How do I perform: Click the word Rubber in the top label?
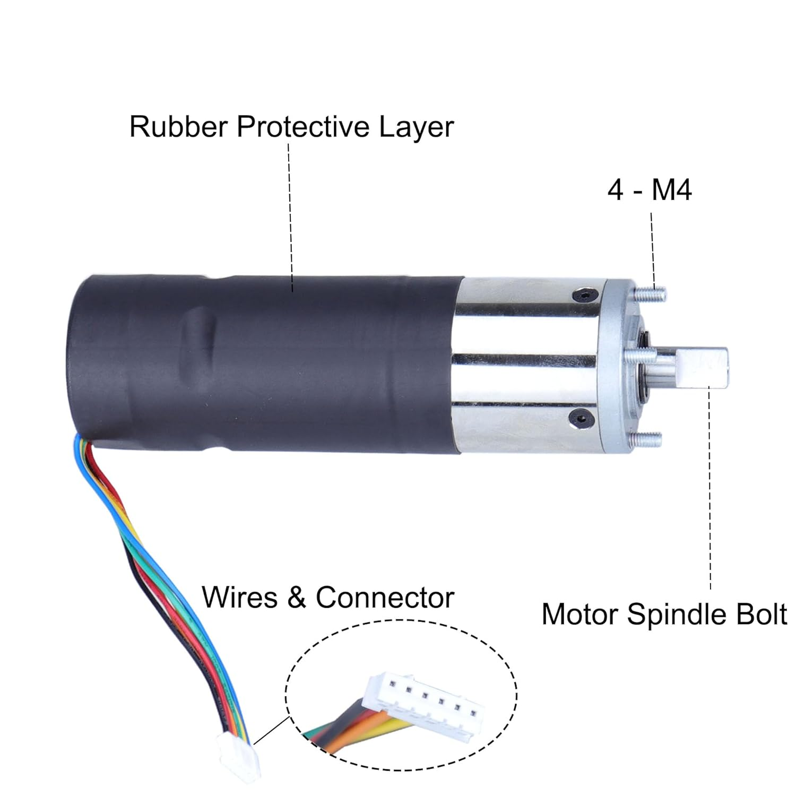point(178,127)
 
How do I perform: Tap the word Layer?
point(417,128)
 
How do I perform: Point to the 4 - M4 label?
point(650,189)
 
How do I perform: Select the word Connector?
point(385,598)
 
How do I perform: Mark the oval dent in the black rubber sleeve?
point(197,345)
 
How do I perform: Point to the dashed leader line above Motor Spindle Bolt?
point(710,488)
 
